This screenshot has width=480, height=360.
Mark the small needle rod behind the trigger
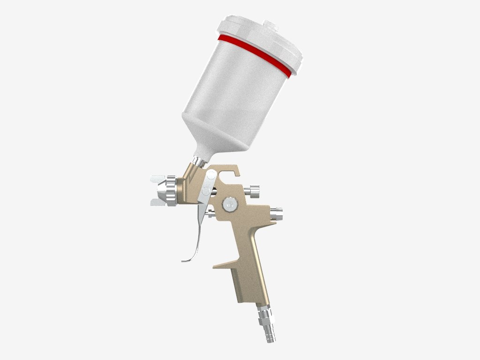[x=210, y=215]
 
